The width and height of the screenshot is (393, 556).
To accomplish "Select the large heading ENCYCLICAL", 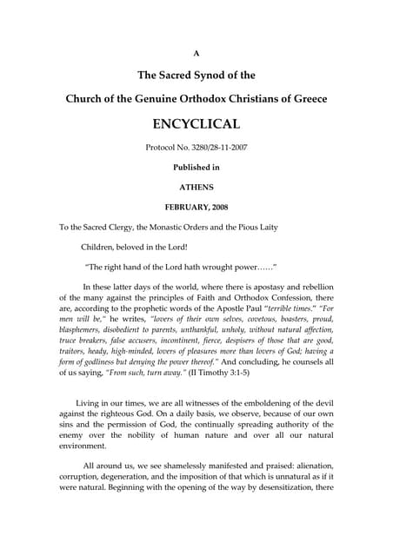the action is [x=196, y=124].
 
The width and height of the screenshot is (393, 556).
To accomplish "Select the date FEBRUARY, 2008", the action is [x=196, y=206].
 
